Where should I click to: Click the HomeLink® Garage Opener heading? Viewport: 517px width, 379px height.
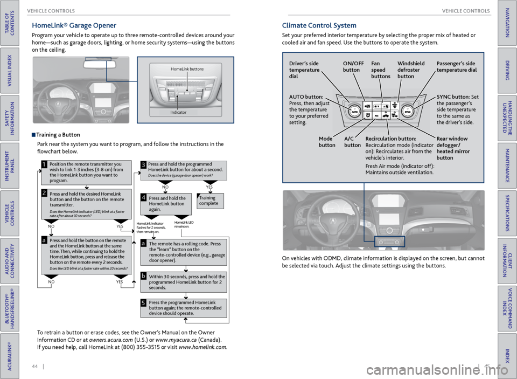74,25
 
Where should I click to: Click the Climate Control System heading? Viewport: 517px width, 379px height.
319,25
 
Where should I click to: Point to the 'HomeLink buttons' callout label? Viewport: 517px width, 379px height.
187,69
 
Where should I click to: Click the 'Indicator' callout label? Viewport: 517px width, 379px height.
178,112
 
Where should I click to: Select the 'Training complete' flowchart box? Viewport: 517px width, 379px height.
209,201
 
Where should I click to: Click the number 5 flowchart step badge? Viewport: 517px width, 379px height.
144,303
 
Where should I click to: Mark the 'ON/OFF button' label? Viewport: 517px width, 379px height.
353,67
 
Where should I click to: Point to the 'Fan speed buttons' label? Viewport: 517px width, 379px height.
381,70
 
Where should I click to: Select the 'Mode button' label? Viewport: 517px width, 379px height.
326,142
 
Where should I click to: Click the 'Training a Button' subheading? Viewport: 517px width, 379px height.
58,135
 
